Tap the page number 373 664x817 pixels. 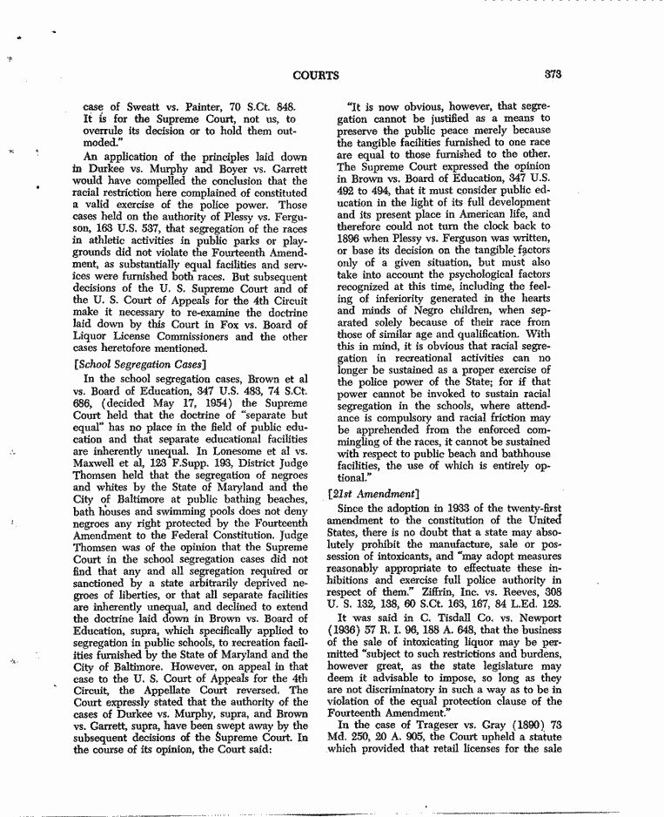550,76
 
